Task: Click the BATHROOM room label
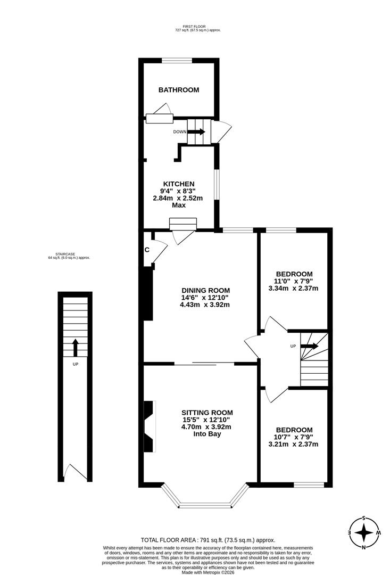pyautogui.click(x=179, y=90)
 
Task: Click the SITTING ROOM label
pyautogui.click(x=207, y=413)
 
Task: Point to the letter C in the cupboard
pyautogui.click(x=147, y=250)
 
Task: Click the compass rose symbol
pyautogui.click(x=364, y=532)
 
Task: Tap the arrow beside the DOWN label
pyautogui.click(x=196, y=132)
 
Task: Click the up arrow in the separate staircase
pyautogui.click(x=75, y=348)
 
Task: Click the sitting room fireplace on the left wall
pyautogui.click(x=149, y=426)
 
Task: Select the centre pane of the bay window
pyautogui.click(x=205, y=505)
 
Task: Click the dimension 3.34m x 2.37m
pyautogui.click(x=293, y=289)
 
